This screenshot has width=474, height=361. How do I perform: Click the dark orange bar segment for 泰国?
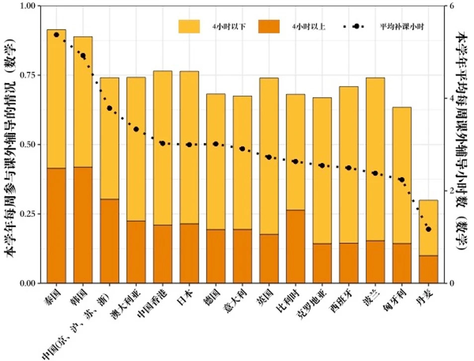(56, 225)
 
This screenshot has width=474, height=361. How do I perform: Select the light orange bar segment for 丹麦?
(428, 228)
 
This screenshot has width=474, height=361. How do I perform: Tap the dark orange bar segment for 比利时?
(296, 246)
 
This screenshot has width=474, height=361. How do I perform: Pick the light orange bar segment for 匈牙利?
(401, 175)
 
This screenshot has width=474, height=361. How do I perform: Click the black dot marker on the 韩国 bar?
(83, 56)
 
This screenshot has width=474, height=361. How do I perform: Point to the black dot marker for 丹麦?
(428, 229)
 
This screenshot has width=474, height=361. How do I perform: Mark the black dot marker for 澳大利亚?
(136, 129)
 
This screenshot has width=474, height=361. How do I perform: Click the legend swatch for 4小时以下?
(189, 26)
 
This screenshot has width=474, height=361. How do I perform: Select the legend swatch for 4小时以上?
(269, 26)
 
